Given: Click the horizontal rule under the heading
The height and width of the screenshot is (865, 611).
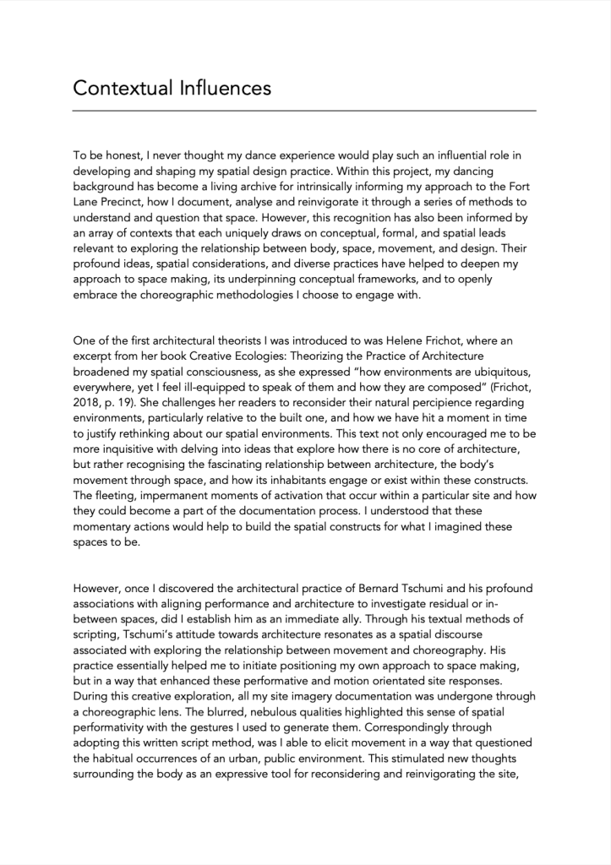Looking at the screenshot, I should [304, 111].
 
